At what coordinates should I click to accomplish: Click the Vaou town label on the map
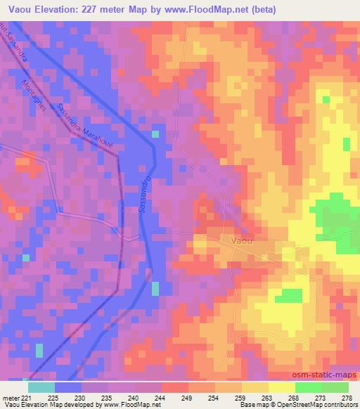click(241, 240)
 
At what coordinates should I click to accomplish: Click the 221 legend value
click(26, 398)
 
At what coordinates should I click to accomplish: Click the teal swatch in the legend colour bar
click(41, 387)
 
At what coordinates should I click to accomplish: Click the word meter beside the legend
click(9, 398)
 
